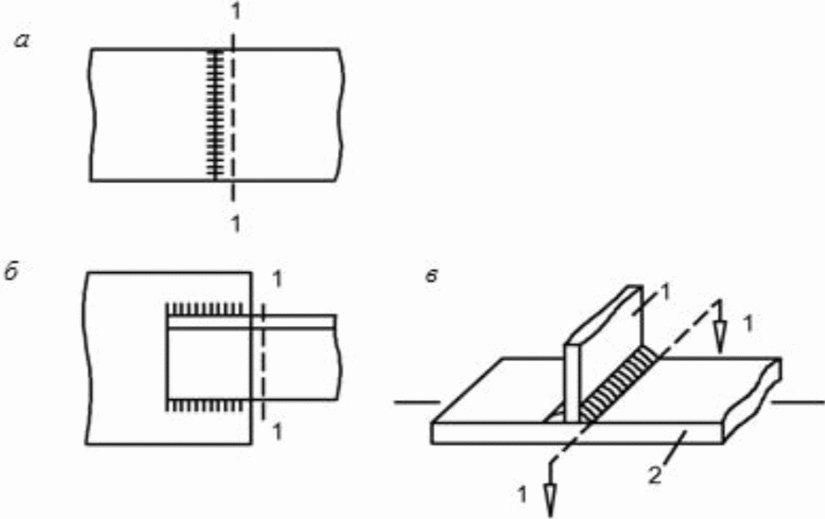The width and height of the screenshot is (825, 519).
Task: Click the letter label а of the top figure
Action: pyautogui.click(x=22, y=40)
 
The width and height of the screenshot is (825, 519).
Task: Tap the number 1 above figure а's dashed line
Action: pyautogui.click(x=236, y=12)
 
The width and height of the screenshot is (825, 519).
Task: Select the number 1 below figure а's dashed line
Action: pyautogui.click(x=236, y=224)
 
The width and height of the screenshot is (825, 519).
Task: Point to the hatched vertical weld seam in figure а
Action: pyautogui.click(x=215, y=114)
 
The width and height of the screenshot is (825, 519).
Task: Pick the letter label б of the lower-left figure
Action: pyautogui.click(x=11, y=274)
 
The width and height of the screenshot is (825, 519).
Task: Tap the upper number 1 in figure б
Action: pyautogui.click(x=277, y=279)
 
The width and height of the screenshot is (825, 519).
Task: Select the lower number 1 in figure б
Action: pyautogui.click(x=277, y=432)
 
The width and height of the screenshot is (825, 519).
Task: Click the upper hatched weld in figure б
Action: pyautogui.click(x=204, y=308)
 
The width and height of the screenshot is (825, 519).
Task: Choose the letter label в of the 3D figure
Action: pyautogui.click(x=432, y=277)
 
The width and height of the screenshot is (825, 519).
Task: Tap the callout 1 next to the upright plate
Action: pyautogui.click(x=665, y=293)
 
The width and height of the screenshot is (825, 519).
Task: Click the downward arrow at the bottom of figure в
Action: pyautogui.click(x=550, y=489)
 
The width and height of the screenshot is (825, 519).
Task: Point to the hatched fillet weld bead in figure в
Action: pyautogui.click(x=619, y=384)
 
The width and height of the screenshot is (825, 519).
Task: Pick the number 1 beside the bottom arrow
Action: pyautogui.click(x=522, y=494)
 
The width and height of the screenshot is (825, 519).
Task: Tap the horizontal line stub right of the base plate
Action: pyautogui.click(x=798, y=403)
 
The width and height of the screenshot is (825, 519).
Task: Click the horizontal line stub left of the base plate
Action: pyautogui.click(x=417, y=403)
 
